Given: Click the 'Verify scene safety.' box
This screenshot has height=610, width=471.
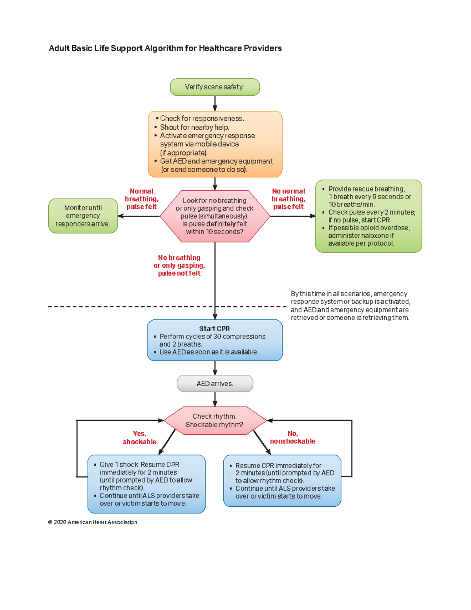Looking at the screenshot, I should [x=215, y=87].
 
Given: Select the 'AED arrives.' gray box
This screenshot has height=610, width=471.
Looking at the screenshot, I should [x=215, y=383].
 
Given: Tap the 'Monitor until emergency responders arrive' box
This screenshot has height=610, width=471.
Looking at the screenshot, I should [x=83, y=216].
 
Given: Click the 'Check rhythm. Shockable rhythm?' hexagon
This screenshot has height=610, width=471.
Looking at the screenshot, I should [x=215, y=420].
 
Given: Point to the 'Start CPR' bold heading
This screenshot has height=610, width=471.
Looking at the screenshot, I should [x=214, y=328].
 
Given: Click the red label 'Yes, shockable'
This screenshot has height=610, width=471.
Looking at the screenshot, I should [x=139, y=438].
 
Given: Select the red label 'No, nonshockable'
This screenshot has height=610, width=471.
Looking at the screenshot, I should [x=292, y=438].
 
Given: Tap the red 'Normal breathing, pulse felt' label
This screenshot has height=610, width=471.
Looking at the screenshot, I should [x=141, y=199].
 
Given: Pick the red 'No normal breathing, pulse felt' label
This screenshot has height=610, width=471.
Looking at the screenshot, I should [x=288, y=199].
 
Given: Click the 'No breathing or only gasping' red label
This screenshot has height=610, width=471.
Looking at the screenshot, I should [x=179, y=265].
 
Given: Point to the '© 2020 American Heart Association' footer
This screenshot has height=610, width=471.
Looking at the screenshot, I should [x=93, y=522].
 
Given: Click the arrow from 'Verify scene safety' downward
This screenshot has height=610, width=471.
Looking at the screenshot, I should [x=215, y=103].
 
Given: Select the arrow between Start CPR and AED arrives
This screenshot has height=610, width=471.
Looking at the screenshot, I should [x=215, y=368].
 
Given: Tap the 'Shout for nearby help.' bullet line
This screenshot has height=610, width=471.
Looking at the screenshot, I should [x=194, y=127].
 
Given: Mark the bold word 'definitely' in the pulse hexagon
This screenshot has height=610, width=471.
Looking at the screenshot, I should [x=221, y=224].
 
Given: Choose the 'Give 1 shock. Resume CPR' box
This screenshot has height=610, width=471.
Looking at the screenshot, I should [x=146, y=484].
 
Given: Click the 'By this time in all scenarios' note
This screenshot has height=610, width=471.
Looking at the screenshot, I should [x=350, y=306].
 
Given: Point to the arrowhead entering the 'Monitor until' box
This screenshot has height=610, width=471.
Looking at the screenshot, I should [x=121, y=216].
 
